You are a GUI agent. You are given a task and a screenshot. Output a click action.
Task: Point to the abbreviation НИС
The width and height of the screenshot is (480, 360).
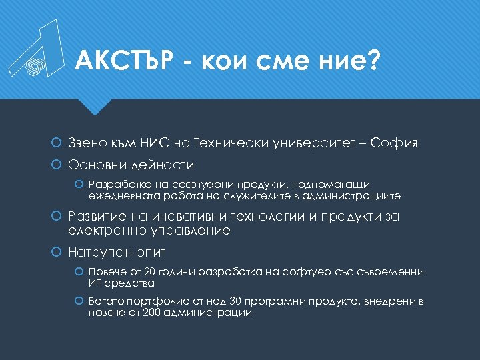(157, 142)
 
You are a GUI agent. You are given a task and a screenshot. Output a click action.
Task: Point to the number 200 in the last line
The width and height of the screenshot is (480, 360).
(151, 313)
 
